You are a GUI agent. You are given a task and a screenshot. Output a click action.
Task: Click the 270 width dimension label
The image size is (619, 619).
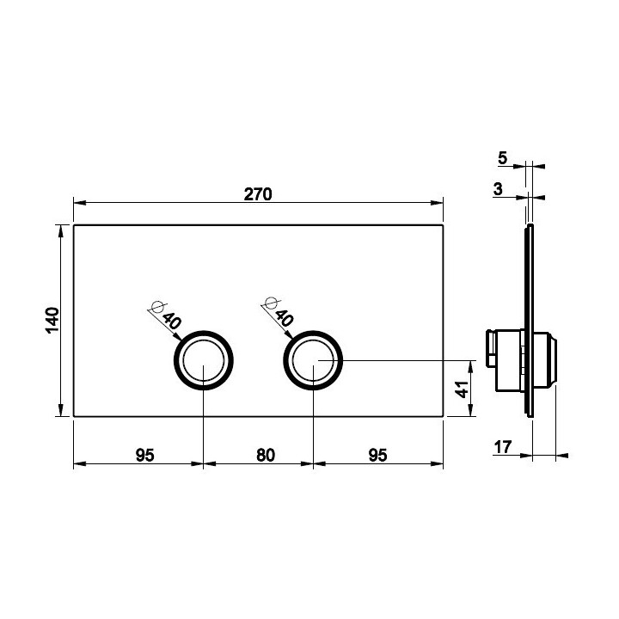click(258, 194)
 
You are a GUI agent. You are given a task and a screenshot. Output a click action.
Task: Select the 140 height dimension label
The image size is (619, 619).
click(52, 321)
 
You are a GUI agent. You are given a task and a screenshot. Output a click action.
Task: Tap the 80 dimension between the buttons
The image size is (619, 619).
click(266, 455)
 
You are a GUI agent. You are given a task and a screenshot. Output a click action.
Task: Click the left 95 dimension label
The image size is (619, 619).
click(145, 455)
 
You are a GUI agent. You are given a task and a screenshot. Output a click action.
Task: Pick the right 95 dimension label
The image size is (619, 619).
click(377, 455)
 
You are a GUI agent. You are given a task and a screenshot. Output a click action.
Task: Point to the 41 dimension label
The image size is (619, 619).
click(462, 389)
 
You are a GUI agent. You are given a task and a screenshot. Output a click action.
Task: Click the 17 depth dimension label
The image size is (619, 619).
click(503, 447)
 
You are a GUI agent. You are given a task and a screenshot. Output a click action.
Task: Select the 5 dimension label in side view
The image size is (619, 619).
click(502, 158)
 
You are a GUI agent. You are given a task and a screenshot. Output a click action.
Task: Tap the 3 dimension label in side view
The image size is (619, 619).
click(498, 189)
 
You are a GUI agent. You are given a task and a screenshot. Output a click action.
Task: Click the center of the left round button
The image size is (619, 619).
click(204, 360)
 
